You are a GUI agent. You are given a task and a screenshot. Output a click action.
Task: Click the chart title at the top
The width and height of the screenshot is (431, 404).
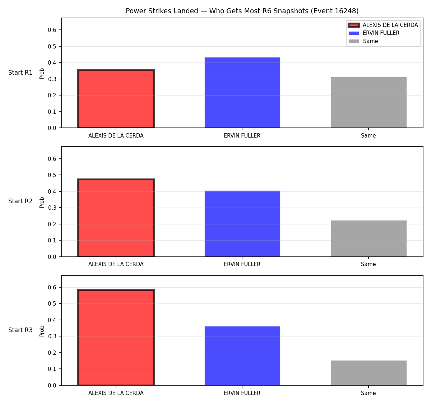click(x=242, y=11)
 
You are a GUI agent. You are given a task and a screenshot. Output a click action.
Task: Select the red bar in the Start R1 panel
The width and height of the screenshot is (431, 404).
click(x=116, y=99)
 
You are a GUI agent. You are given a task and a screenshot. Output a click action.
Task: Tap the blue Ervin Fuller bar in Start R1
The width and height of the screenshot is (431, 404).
click(x=242, y=93)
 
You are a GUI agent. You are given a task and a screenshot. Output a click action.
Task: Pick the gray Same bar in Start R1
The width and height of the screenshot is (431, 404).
click(x=369, y=102)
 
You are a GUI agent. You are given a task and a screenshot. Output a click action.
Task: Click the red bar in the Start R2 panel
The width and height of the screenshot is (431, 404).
click(x=116, y=218)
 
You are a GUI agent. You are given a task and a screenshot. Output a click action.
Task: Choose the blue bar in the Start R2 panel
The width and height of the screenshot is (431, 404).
click(x=242, y=224)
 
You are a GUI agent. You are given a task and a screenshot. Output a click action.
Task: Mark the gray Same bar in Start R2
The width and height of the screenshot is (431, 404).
click(x=369, y=238)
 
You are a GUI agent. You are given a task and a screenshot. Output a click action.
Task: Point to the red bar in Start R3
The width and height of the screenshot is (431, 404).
click(x=116, y=337)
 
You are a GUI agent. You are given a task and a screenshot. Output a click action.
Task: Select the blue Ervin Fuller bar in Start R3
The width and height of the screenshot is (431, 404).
click(x=242, y=356)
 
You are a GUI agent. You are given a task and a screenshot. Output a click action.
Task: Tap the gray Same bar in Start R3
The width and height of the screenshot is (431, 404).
click(x=369, y=373)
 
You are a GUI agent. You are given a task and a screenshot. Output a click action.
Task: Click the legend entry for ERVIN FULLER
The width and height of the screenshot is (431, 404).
click(x=374, y=33)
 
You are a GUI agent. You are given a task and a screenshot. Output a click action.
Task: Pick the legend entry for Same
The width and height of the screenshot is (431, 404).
click(x=363, y=41)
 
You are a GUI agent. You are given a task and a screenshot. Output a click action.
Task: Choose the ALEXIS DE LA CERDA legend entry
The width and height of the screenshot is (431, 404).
click(x=383, y=25)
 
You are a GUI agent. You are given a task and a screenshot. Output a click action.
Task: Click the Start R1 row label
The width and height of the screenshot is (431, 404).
click(x=20, y=73)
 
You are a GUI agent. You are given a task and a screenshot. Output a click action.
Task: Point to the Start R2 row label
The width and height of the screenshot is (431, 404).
click(x=20, y=201)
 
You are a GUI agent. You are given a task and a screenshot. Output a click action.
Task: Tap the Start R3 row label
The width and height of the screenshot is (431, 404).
click(x=20, y=330)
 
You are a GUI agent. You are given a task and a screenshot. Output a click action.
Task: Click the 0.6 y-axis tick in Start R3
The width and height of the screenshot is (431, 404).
click(x=52, y=287)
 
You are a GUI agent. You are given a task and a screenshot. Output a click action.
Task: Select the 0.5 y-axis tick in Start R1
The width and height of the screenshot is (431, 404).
click(x=52, y=46)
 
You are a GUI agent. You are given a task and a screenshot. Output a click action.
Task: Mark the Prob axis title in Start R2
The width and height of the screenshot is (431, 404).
click(x=42, y=202)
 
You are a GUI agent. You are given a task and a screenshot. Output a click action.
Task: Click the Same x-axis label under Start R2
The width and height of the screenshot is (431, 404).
click(x=368, y=264)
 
